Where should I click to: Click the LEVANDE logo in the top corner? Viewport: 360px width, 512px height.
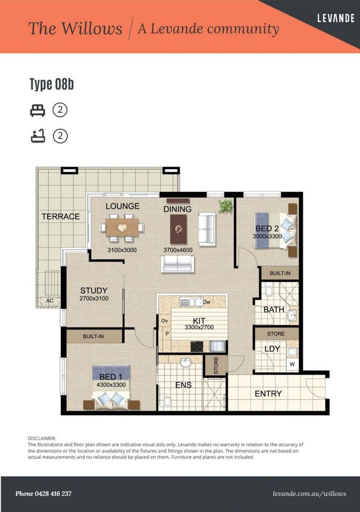tap(336, 18)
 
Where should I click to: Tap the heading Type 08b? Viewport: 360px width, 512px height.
tap(52, 85)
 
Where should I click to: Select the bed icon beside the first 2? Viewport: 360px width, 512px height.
tap(37, 110)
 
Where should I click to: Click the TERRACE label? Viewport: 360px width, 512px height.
tap(61, 217)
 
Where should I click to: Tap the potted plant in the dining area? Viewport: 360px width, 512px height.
tap(225, 206)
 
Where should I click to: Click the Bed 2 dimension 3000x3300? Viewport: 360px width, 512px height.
tap(267, 236)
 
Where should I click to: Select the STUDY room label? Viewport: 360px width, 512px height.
tap(93, 291)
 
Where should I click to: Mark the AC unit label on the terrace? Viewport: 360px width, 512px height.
tap(49, 301)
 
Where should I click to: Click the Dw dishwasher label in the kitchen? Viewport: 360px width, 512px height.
tap(207, 302)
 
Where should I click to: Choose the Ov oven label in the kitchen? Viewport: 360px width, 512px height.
tap(165, 321)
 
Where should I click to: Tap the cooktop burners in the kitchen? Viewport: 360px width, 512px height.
tap(197, 347)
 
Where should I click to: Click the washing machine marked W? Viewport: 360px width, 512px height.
tap(292, 364)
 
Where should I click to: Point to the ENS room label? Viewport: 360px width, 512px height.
tap(183, 385)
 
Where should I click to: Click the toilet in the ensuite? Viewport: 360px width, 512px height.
tap(167, 403)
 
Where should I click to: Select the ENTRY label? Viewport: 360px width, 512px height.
tap(268, 393)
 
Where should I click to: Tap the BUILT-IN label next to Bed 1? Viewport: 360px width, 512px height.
tap(93, 336)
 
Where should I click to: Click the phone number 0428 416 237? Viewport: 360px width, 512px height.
tap(44, 494)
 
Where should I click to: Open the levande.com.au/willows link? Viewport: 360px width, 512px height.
tap(310, 494)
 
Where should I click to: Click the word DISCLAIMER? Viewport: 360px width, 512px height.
tap(42, 439)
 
